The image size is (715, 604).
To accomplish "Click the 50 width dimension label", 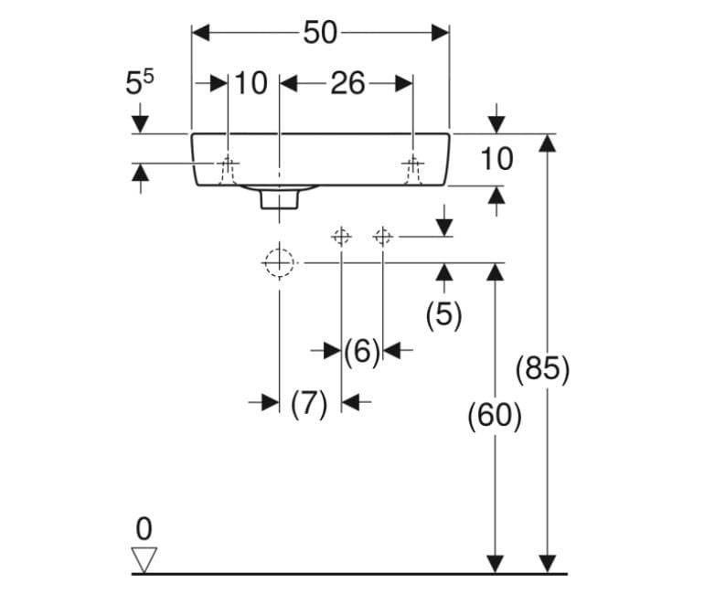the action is coord(320,33).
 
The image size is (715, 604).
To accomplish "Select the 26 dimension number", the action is coord(347,83).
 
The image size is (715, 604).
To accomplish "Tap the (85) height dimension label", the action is coord(542,369).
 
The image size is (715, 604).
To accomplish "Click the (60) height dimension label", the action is coord(495,416).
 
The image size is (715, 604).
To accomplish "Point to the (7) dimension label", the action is coord(309,404).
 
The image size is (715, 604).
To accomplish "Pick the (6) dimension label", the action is coord(361,352).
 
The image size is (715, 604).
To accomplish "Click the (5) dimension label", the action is coord(443,314).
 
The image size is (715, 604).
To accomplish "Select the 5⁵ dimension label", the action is coord(140,82).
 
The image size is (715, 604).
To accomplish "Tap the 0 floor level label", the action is coord(144,529).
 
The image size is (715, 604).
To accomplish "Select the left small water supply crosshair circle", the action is coord(341,237).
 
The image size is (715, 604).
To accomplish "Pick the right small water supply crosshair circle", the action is coord(382,237).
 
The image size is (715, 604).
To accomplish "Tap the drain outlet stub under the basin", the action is coord(280,200).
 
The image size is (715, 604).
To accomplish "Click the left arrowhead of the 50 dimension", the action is coord(200,33).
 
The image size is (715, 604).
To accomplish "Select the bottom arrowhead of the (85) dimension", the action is coord(547,564).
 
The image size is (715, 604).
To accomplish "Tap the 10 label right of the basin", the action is coord(496,159).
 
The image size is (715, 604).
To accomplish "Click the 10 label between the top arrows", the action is coord(251,83).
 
